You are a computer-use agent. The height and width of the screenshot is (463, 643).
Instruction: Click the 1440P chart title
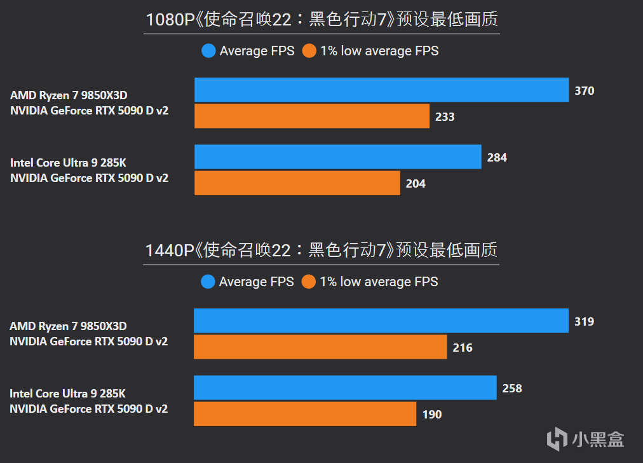tap(321, 251)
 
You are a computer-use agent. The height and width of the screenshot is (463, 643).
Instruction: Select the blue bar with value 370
tap(381, 90)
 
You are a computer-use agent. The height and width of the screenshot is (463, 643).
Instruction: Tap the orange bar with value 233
tap(311, 116)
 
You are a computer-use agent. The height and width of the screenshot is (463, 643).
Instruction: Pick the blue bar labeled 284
tap(337, 157)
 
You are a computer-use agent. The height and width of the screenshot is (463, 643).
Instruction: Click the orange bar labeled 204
tap(297, 183)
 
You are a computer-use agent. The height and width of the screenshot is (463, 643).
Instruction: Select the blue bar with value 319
tap(381, 321)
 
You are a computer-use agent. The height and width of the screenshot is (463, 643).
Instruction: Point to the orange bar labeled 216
tap(320, 347)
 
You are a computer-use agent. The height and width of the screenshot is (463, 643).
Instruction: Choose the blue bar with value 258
tap(345, 388)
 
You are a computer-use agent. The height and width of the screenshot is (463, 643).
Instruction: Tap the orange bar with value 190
tap(304, 414)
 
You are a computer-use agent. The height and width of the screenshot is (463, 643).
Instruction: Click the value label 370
tap(585, 91)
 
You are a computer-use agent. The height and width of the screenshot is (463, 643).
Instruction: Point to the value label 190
tap(432, 415)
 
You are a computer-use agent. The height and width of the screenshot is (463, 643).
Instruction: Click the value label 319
tap(585, 322)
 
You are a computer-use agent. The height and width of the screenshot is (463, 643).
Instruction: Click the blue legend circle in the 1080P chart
tap(208, 51)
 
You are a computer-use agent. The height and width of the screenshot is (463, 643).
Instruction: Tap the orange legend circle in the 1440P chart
tap(309, 282)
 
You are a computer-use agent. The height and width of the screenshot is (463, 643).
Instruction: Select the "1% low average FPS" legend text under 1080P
tap(379, 51)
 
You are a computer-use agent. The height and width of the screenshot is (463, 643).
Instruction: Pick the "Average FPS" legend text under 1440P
tap(257, 282)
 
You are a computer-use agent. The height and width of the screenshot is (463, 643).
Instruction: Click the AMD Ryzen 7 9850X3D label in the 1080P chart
tap(69, 95)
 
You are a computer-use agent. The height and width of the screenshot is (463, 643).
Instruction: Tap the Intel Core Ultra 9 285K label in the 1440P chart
tap(67, 394)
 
